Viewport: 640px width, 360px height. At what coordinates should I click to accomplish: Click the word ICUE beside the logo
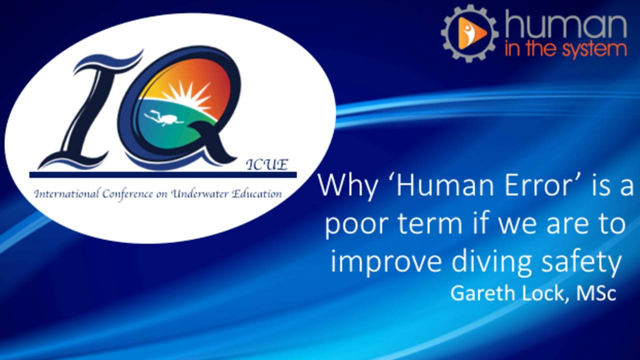(x=267, y=165)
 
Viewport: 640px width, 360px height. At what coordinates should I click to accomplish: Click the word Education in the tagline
(x=256, y=193)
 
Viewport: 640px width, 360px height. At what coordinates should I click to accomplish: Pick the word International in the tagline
(x=67, y=194)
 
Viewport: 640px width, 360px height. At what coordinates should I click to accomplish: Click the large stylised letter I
(x=88, y=110)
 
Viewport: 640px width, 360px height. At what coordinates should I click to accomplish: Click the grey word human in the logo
(x=565, y=25)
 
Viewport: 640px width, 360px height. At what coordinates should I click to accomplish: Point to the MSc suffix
(x=596, y=293)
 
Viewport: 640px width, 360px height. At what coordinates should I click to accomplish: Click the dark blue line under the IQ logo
(x=163, y=175)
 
